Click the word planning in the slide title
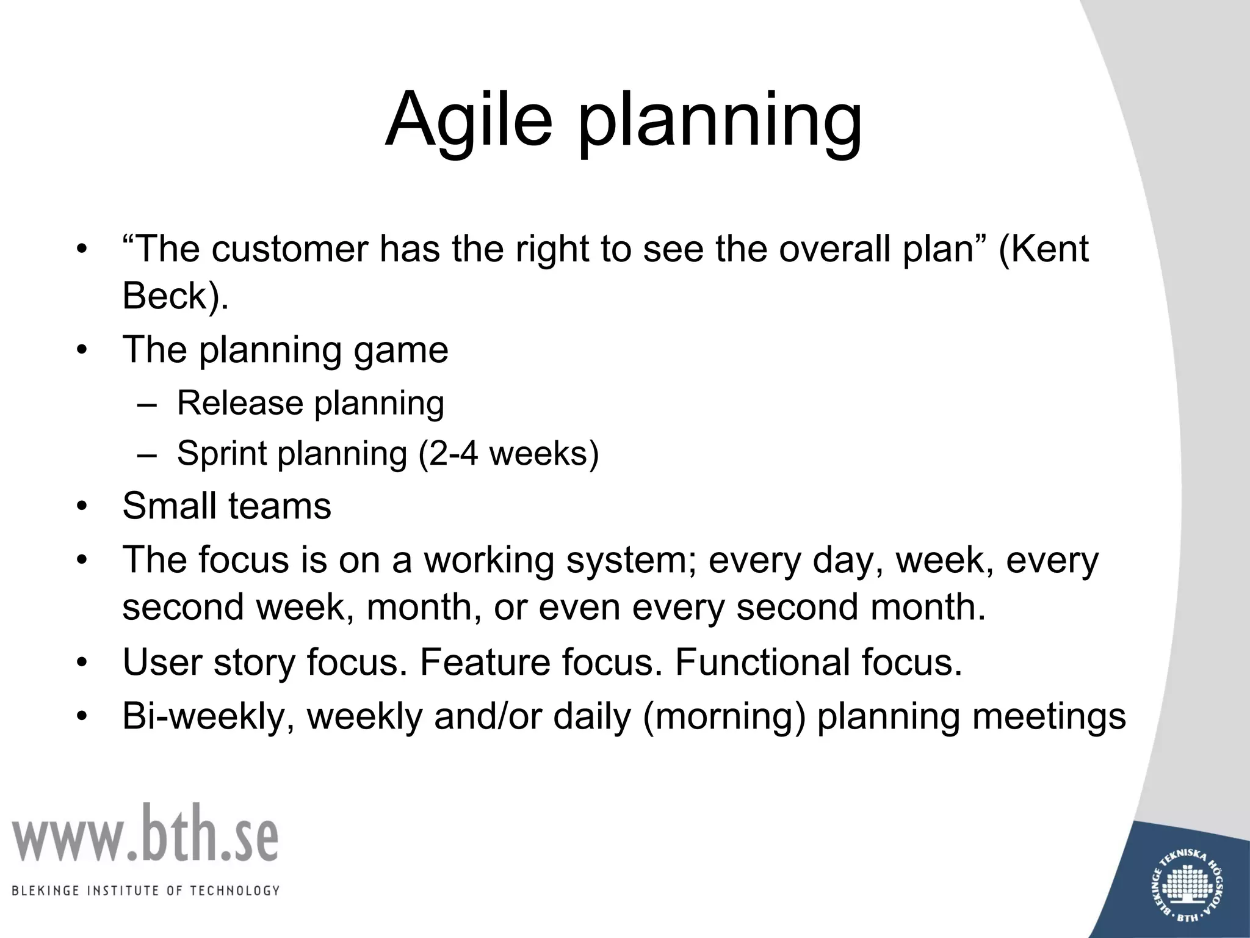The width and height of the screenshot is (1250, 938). point(720,122)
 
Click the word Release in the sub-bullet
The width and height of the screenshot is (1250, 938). point(240,403)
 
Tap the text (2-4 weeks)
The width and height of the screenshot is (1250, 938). point(508,454)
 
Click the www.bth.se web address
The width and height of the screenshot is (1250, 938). point(145,834)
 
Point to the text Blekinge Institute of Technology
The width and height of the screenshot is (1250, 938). point(145,890)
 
